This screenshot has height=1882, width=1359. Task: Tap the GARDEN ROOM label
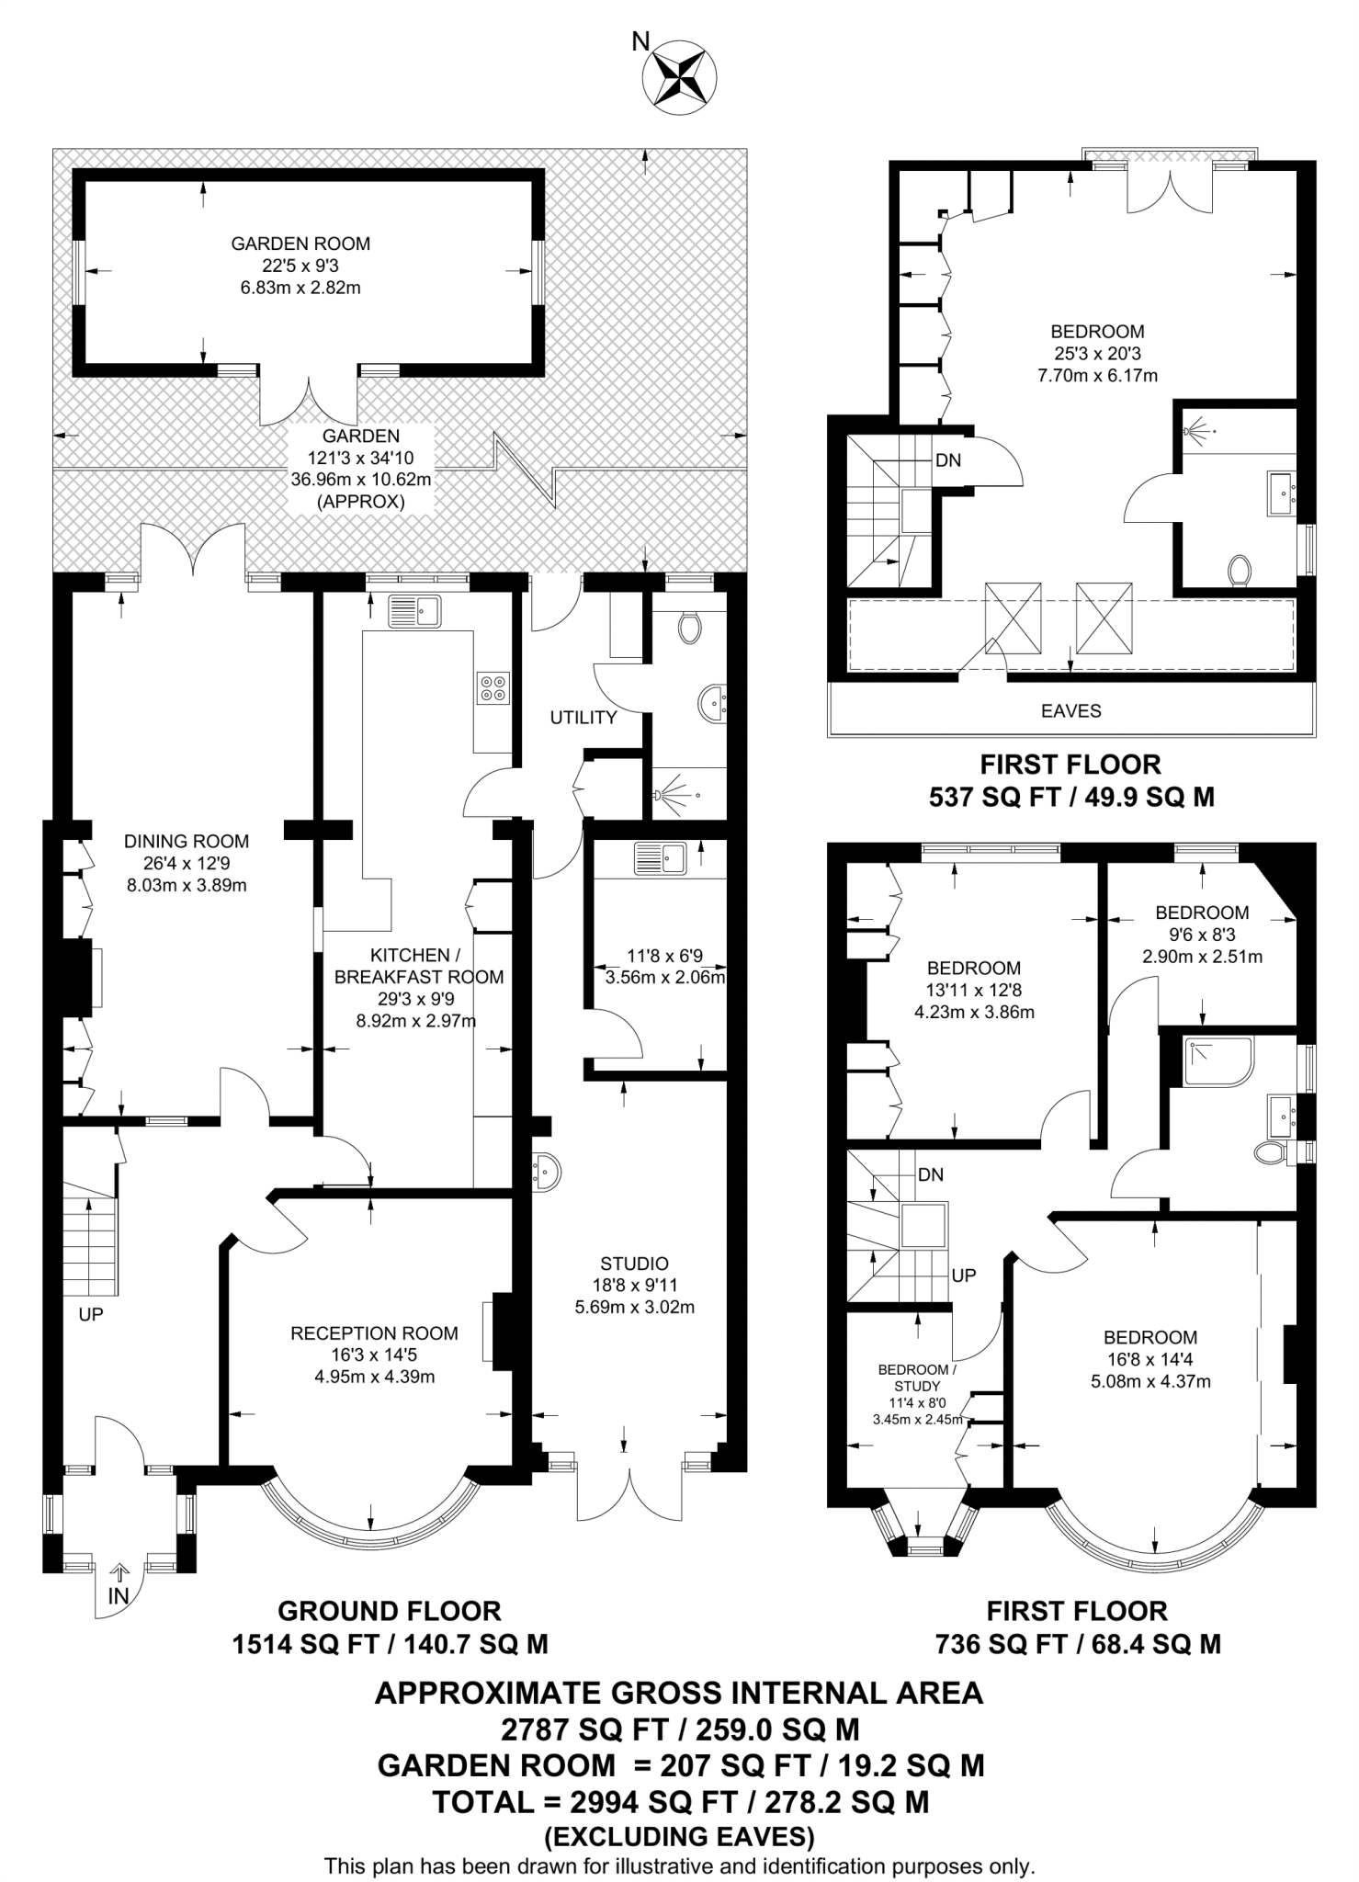pyautogui.click(x=300, y=244)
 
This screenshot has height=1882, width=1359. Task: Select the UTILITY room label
pyautogui.click(x=583, y=718)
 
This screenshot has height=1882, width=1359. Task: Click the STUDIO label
pyautogui.click(x=634, y=1264)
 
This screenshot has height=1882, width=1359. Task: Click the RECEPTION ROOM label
pyautogui.click(x=374, y=1332)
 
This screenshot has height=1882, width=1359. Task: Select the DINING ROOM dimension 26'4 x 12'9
pyautogui.click(x=187, y=863)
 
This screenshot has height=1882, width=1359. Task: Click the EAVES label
pyautogui.click(x=1070, y=710)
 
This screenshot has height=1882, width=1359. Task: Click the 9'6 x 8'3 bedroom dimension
pyautogui.click(x=1202, y=935)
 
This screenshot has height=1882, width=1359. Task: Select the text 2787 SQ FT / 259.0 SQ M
pyautogui.click(x=680, y=1729)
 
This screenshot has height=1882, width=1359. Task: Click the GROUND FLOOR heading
pyautogui.click(x=390, y=1611)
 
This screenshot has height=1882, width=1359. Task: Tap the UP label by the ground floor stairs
pyautogui.click(x=91, y=1314)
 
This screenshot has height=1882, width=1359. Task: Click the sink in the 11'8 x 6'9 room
pyautogui.click(x=660, y=858)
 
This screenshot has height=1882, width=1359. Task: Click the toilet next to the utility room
pyautogui.click(x=689, y=628)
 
